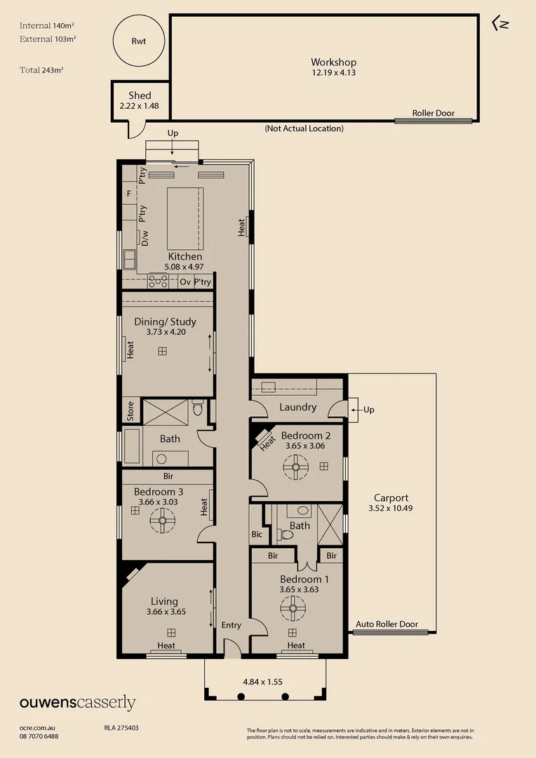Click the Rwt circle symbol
click(x=139, y=41)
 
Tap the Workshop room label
click(x=334, y=62)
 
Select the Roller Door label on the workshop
click(x=433, y=113)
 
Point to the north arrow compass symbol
click(x=501, y=23)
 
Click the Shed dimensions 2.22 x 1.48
click(x=140, y=106)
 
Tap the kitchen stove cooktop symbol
click(x=158, y=281)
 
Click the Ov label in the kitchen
click(x=185, y=281)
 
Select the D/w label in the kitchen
click(x=145, y=239)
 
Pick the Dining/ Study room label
click(x=166, y=321)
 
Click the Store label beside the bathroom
click(x=130, y=411)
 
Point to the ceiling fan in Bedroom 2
click(x=295, y=467)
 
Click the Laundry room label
click(x=297, y=407)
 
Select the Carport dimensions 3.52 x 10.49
click(x=391, y=508)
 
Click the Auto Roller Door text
click(x=387, y=624)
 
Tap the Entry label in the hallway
click(x=231, y=625)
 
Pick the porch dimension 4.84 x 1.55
click(x=262, y=681)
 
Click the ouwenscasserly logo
click(x=77, y=703)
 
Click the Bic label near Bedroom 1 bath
click(x=257, y=534)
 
